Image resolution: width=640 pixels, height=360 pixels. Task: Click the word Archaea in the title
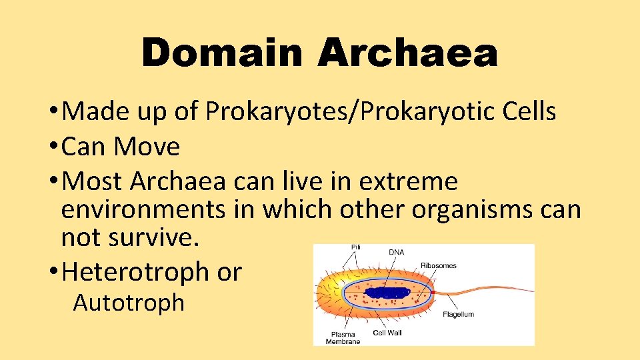(x=407, y=53)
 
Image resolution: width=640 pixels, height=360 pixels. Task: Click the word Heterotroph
(x=135, y=272)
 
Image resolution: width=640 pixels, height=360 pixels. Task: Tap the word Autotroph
(x=129, y=303)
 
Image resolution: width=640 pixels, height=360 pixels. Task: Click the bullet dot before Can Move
(x=52, y=147)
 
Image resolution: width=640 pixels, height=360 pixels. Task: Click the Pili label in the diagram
(x=357, y=248)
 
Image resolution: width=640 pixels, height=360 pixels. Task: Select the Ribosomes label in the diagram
(x=438, y=265)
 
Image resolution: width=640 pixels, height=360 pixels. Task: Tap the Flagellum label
(x=459, y=314)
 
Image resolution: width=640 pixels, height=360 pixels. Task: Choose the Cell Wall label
(x=387, y=332)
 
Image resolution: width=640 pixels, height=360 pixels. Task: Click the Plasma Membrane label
(x=343, y=337)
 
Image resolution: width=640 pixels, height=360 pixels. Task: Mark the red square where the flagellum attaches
(x=431, y=292)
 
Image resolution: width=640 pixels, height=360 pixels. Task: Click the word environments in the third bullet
(x=143, y=209)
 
